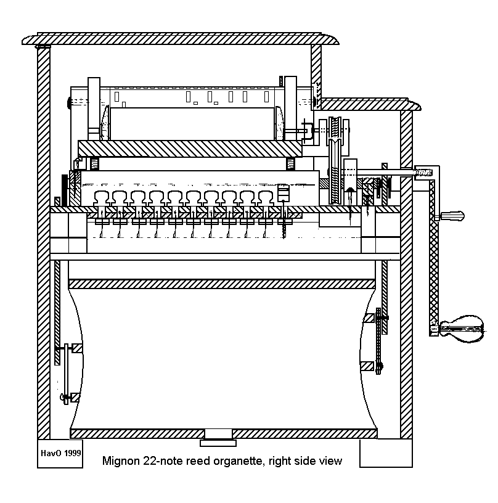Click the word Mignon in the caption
pos(120,461)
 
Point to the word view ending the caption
pos(330,461)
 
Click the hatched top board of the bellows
pos(222,284)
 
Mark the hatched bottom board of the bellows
pos(222,433)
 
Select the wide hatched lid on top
pos(179,39)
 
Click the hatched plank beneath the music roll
pos(189,148)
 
